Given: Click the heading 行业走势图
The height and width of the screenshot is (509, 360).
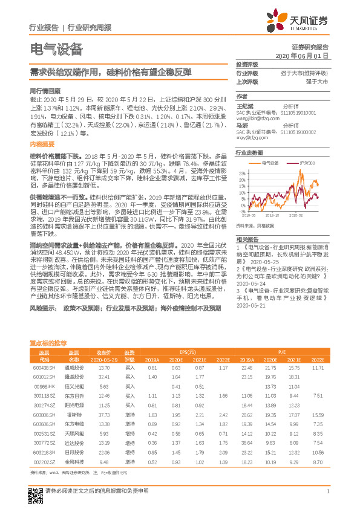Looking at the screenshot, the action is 249,153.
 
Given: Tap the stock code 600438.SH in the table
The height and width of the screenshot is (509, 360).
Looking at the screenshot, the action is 43,368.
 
